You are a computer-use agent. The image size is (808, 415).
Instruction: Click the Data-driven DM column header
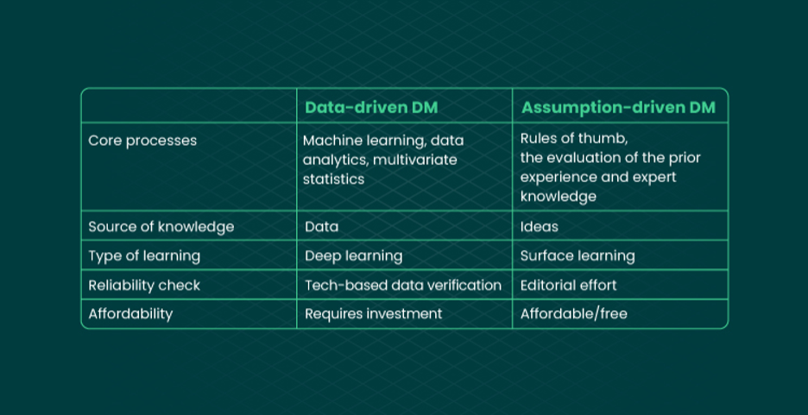(371, 108)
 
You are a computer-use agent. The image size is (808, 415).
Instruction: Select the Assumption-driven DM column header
(618, 108)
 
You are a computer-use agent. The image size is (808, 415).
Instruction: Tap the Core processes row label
(142, 141)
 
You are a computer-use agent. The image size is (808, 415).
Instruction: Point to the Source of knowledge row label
(161, 227)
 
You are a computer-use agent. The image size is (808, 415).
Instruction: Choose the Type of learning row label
(144, 256)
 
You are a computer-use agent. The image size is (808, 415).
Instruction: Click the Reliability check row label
(144, 286)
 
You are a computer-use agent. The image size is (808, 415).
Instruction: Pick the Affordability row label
(130, 314)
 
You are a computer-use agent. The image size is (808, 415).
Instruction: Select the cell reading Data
(321, 227)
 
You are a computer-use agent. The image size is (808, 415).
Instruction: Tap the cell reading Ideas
(539, 227)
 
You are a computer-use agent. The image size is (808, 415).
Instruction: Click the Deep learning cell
(354, 256)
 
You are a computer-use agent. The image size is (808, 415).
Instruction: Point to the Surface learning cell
(578, 256)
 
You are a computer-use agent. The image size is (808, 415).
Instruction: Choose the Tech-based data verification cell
(403, 286)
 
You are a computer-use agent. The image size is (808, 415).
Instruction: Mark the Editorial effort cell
(568, 286)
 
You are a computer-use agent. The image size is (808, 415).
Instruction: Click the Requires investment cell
(374, 314)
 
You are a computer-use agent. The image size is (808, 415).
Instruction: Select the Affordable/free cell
(573, 314)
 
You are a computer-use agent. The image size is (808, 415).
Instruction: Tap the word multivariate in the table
(415, 160)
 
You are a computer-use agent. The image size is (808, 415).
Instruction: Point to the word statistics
(333, 179)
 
